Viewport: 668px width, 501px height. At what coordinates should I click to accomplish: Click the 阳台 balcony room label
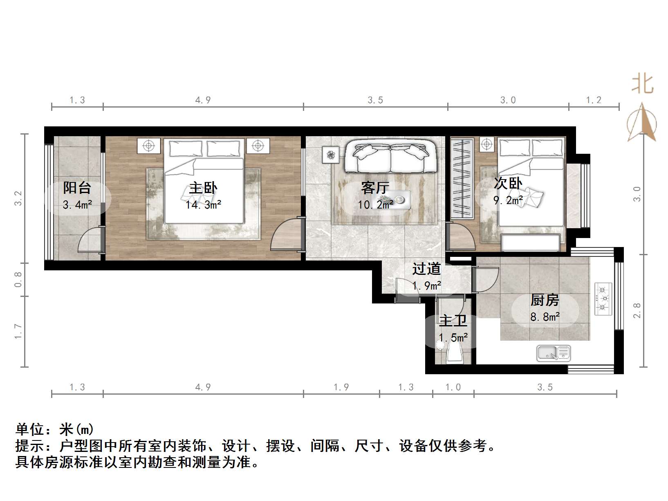pos(77,188)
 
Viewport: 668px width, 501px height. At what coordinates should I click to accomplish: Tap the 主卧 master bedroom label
pos(203,188)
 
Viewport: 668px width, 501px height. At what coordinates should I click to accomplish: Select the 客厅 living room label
pos(375,188)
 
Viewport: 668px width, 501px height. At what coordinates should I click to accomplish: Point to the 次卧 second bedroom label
pos(508,183)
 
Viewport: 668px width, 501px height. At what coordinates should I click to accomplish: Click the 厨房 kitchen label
pos(545,300)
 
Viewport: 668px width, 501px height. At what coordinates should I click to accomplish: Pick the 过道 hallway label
pos(426,269)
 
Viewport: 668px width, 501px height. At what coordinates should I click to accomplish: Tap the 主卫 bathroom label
pos(453,321)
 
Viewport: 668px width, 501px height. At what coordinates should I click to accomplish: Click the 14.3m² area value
pos(203,204)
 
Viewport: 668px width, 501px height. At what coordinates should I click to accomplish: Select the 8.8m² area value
pos(545,317)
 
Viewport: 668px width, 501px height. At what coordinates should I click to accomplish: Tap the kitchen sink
pos(553,353)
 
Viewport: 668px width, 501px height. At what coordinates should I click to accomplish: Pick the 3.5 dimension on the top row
pos(375,100)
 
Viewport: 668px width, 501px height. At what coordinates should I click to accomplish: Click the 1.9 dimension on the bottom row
pos(341,387)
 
